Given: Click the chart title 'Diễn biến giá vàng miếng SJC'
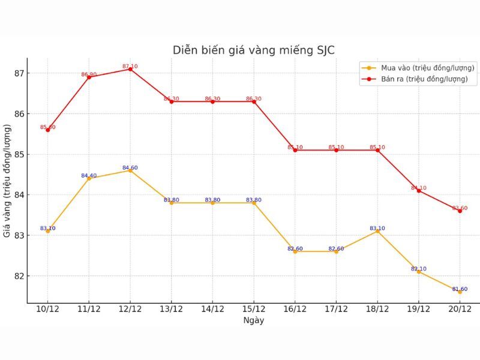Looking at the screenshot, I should click(253, 50).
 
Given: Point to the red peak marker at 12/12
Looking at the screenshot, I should click(130, 69).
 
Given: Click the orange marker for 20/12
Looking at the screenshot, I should click(460, 292).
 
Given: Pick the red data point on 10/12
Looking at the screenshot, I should click(48, 130).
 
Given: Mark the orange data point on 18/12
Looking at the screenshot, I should click(377, 231).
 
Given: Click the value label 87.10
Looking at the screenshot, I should click(130, 66).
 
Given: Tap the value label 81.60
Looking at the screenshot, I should click(460, 289).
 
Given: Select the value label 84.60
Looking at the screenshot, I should click(130, 167).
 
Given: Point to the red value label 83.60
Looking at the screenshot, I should click(460, 208).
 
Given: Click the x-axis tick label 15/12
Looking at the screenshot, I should click(254, 309).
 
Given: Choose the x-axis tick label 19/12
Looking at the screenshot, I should click(419, 309).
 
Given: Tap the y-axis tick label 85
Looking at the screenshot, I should click(19, 154).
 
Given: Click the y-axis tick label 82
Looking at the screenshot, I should click(19, 276).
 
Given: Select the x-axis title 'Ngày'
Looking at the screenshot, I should click(254, 320).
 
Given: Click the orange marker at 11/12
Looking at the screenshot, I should click(89, 178).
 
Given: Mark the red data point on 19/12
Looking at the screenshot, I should click(419, 191).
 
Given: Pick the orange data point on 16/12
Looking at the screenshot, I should click(295, 251).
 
